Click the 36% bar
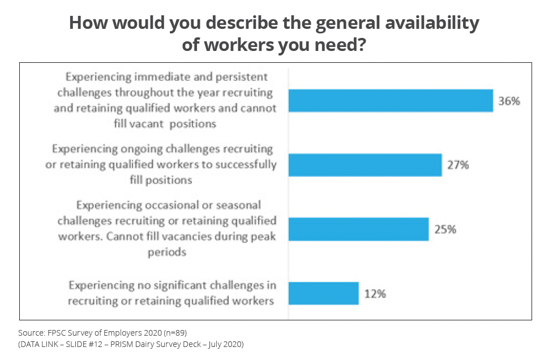click(x=391, y=101)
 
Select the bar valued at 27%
click(x=365, y=165)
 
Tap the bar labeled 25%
click(x=358, y=229)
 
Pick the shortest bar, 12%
click(x=323, y=293)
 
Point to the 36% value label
click(x=509, y=102)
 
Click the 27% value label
click(x=458, y=166)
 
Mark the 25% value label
click(x=445, y=230)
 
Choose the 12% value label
click(x=375, y=294)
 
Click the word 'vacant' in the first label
click(x=140, y=123)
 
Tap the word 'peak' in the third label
click(x=264, y=236)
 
